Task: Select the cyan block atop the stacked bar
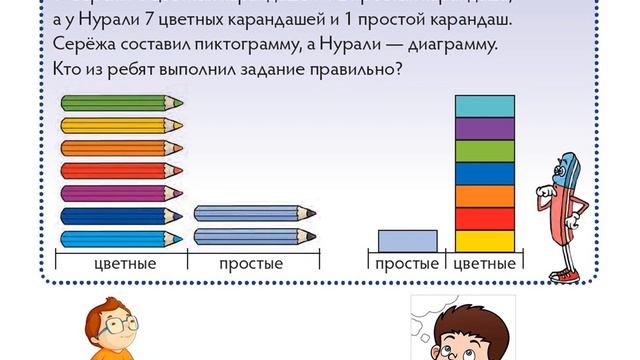coord(485,106)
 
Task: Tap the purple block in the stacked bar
coord(485,128)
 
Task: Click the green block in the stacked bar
coord(485,151)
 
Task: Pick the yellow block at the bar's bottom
coord(485,241)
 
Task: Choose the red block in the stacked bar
coord(485,218)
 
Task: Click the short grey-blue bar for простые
coord(407,241)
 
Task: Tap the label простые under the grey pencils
coord(251,264)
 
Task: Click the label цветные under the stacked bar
coord(485,264)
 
